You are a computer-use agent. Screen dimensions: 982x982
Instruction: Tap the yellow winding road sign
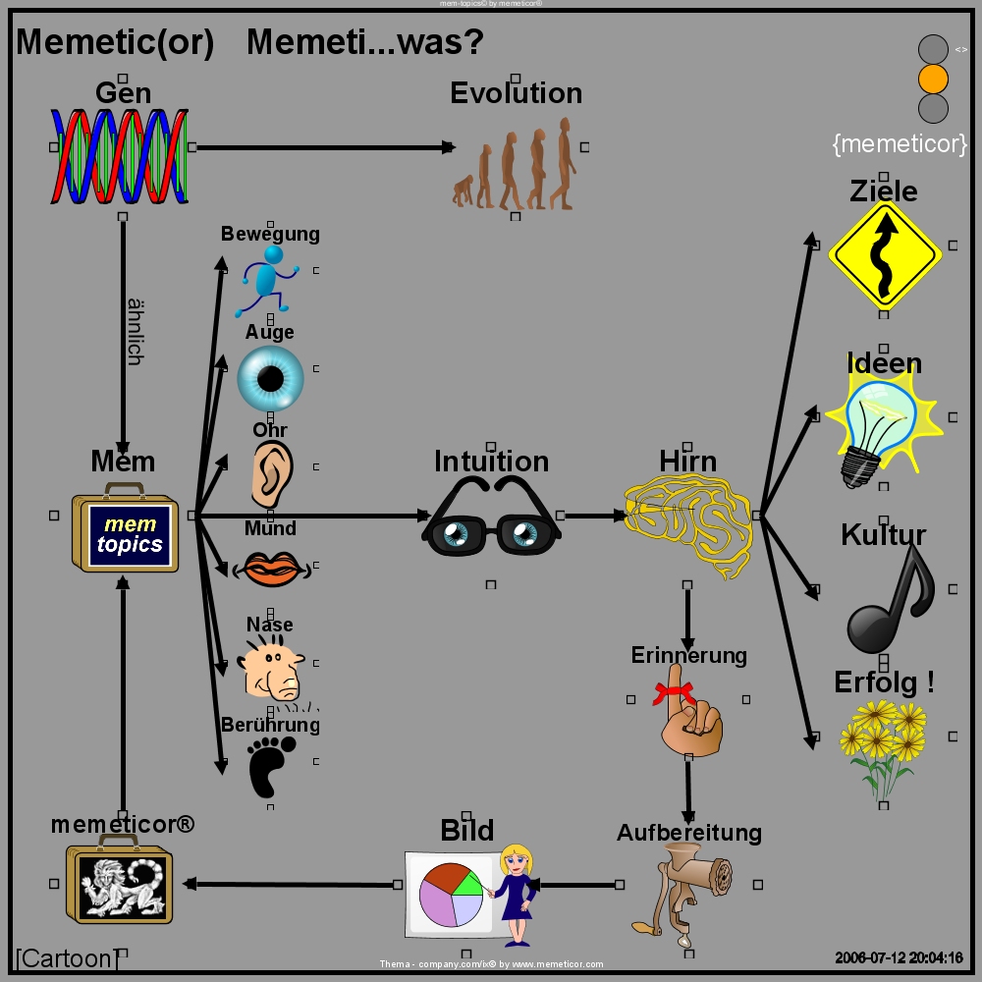click(884, 254)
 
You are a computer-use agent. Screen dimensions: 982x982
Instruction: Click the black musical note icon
click(890, 599)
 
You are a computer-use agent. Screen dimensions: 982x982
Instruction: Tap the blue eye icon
click(270, 377)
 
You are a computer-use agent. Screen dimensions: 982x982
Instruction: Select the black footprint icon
click(264, 767)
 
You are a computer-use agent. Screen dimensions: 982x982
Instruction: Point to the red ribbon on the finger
click(675, 693)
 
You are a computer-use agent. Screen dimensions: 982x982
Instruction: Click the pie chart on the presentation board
click(450, 893)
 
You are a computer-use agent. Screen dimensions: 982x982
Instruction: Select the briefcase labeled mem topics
click(125, 532)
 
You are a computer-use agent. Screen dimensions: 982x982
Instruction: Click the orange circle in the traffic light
click(932, 78)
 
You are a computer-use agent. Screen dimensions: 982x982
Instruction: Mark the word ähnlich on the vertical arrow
click(135, 331)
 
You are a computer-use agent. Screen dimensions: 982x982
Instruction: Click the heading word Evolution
click(516, 93)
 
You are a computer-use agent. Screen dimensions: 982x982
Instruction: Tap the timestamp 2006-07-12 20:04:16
click(899, 957)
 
